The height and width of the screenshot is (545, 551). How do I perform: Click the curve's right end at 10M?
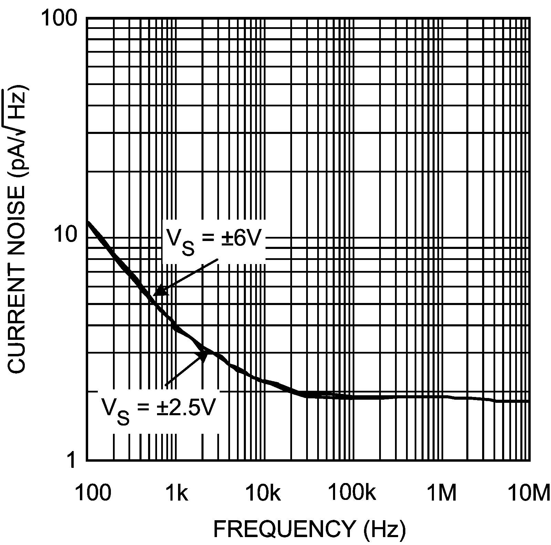pyautogui.click(x=528, y=401)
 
